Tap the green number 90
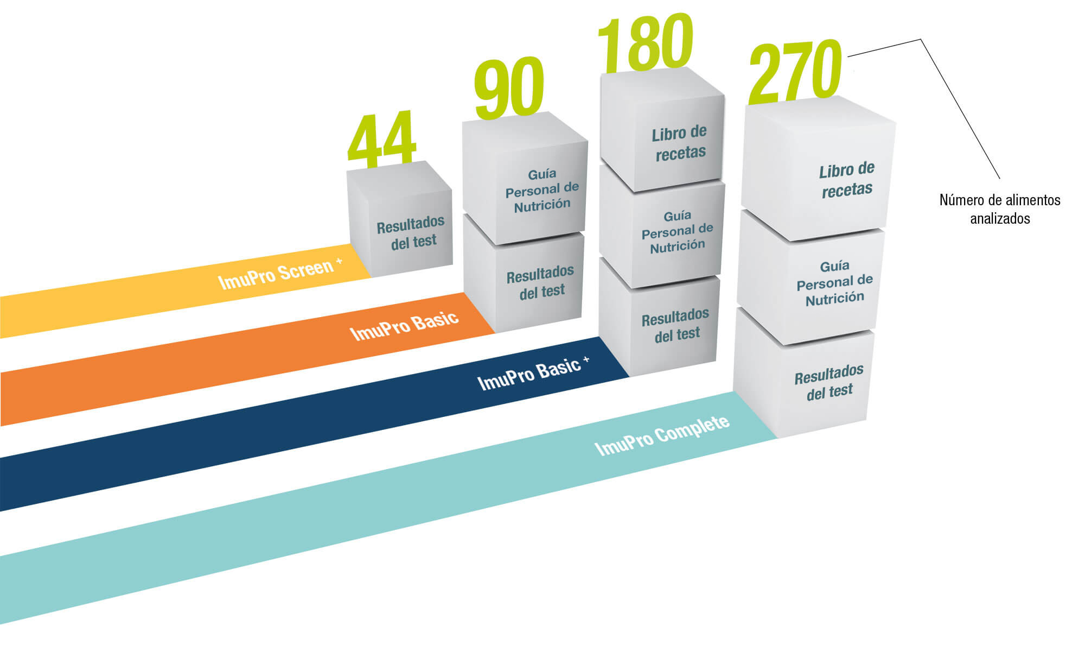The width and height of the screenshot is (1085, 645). pos(509,88)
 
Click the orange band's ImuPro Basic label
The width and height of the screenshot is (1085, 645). pos(404,325)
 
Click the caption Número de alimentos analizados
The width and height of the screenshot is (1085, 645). pos(1000,209)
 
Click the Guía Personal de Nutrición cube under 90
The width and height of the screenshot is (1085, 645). pos(525,178)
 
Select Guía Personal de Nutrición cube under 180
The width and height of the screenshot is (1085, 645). pos(662,226)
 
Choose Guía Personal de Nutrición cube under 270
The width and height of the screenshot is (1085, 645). pos(811,277)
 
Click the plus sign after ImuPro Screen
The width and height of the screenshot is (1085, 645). pos(339,262)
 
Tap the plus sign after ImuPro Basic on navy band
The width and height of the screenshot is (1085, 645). pos(586,359)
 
